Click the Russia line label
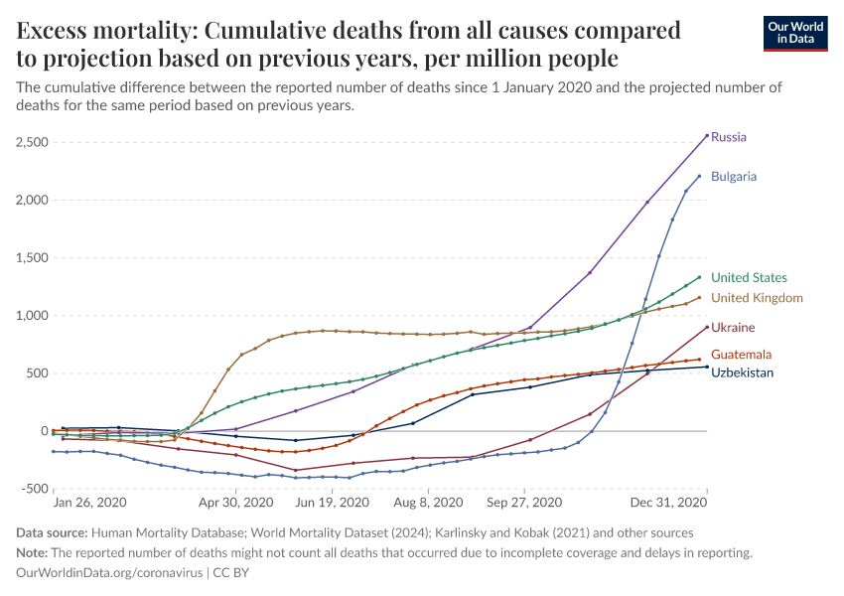(729, 137)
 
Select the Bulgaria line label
(734, 177)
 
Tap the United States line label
(749, 278)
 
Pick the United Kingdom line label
(757, 298)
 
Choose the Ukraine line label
(733, 328)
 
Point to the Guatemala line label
(741, 355)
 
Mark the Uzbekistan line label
(743, 372)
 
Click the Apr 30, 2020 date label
(236, 504)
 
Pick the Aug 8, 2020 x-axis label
(427, 504)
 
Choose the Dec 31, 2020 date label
(679, 504)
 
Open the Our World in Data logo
(795, 33)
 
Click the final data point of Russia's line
(707, 135)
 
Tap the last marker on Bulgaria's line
(699, 177)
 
